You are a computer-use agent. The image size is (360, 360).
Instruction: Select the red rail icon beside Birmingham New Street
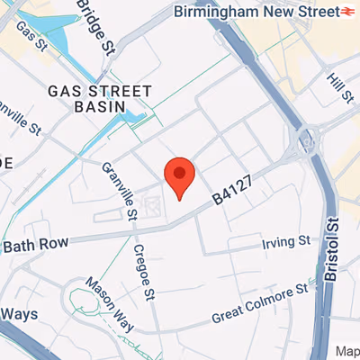[346, 12]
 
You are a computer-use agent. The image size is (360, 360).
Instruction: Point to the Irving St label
[285, 242]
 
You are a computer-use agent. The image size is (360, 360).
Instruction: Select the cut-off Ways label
[17, 314]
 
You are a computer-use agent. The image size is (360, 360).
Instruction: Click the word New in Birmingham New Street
[283, 12]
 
